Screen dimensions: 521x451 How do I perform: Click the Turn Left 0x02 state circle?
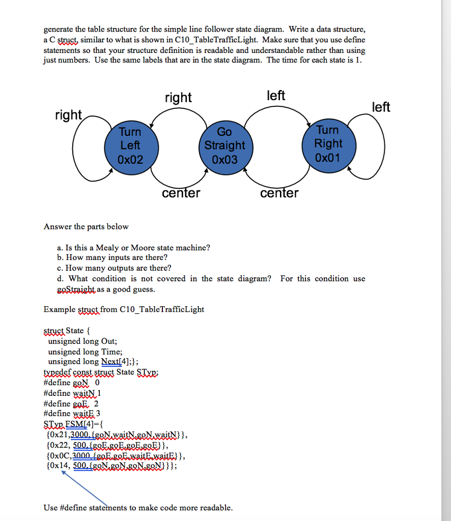pyautogui.click(x=130, y=146)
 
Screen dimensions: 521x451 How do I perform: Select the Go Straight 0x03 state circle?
pyautogui.click(x=224, y=146)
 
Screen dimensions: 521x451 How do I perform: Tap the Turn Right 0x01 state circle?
pyautogui.click(x=328, y=144)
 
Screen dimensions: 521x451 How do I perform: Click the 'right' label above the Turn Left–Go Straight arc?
pyautogui.click(x=178, y=97)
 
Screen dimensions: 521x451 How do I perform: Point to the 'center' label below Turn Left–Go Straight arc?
pyautogui.click(x=181, y=193)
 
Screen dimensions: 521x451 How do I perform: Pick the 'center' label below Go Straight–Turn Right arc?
pyautogui.click(x=279, y=193)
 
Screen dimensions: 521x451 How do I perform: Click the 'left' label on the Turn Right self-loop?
pyautogui.click(x=381, y=107)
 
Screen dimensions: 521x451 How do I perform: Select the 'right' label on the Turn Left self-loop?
pyautogui.click(x=68, y=115)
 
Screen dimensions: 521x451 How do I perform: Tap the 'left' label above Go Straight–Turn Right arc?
pyautogui.click(x=276, y=96)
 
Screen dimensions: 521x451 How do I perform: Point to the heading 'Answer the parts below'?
pyautogui.click(x=86, y=226)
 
